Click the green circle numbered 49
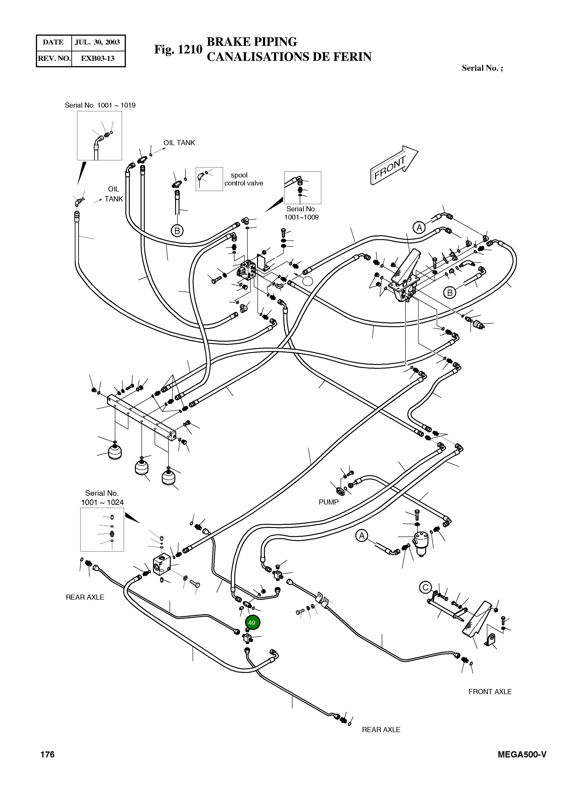tap(252, 623)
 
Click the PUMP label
tap(329, 502)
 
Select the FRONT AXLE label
tap(490, 692)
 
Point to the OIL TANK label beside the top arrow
tap(179, 143)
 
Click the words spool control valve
tap(243, 179)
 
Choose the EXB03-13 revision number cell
tap(97, 59)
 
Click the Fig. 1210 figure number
tap(178, 50)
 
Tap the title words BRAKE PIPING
tap(251, 42)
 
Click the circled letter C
tap(425, 587)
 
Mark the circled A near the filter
tap(361, 536)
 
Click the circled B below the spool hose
tap(177, 231)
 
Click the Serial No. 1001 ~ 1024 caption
tap(102, 498)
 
